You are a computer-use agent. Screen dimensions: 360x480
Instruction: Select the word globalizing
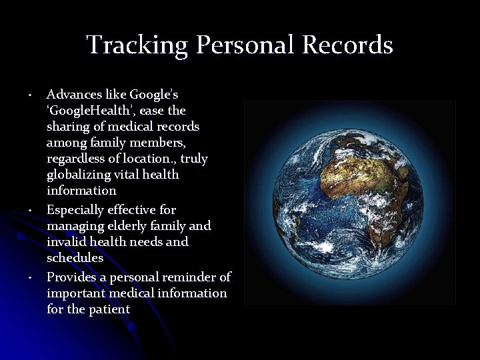(x=79, y=175)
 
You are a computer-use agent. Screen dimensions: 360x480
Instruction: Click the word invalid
(x=65, y=241)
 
